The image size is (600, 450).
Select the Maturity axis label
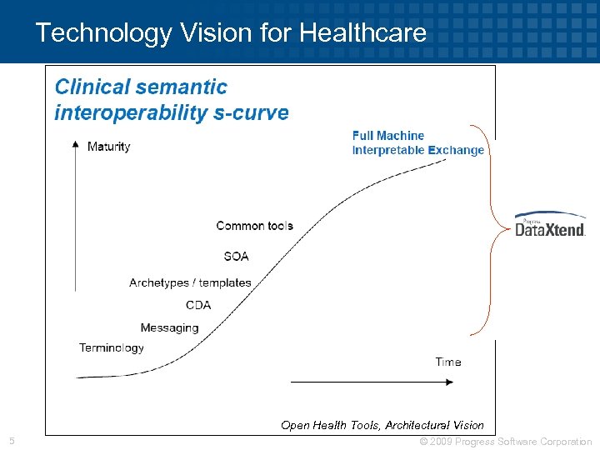point(108,147)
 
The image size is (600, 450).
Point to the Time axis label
point(447,362)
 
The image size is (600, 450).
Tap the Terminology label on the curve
point(112,347)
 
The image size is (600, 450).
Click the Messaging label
point(169,327)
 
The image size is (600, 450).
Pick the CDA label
point(198,305)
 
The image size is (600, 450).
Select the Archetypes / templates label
point(190,282)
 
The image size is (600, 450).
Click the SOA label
point(236,256)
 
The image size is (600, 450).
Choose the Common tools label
point(254,226)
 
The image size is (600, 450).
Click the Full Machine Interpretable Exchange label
point(417,142)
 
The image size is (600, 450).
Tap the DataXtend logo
point(549,225)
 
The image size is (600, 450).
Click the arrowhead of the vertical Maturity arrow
point(76,145)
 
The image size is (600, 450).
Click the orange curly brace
point(491,229)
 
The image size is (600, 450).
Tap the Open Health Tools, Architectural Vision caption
point(382,425)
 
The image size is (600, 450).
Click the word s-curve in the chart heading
point(250,112)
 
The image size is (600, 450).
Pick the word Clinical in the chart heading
point(92,87)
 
